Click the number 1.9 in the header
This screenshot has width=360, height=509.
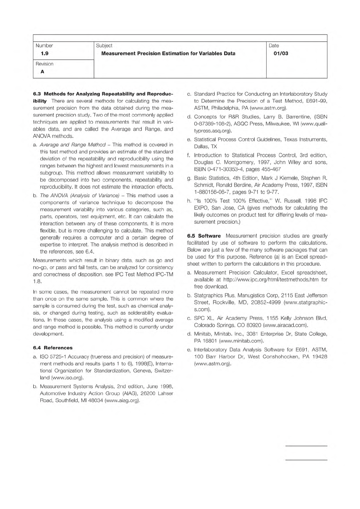pos(44,53)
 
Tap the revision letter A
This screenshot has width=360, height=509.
pos(42,72)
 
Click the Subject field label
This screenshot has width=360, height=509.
pos(104,46)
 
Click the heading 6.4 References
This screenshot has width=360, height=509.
pos(53,348)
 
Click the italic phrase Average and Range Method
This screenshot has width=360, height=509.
pos(73,145)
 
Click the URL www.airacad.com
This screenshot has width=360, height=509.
pos(285,325)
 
